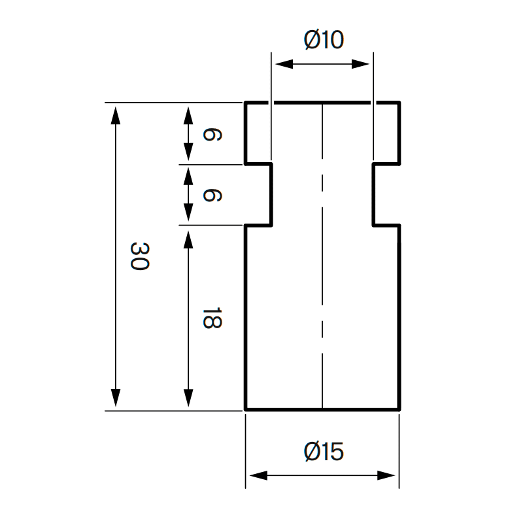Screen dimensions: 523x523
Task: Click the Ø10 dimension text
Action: pos(324,41)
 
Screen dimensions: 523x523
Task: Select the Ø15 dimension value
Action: pos(324,452)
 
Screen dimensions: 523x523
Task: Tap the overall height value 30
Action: pos(140,256)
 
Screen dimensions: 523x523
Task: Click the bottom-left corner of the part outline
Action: pos(246,409)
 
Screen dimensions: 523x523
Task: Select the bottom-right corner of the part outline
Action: pos(399,409)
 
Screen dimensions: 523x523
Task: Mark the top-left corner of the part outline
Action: pos(246,103)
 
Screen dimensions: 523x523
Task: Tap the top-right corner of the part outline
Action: pos(399,103)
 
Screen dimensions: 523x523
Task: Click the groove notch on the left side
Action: pos(259,194)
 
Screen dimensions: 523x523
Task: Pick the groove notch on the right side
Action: pos(386,194)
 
